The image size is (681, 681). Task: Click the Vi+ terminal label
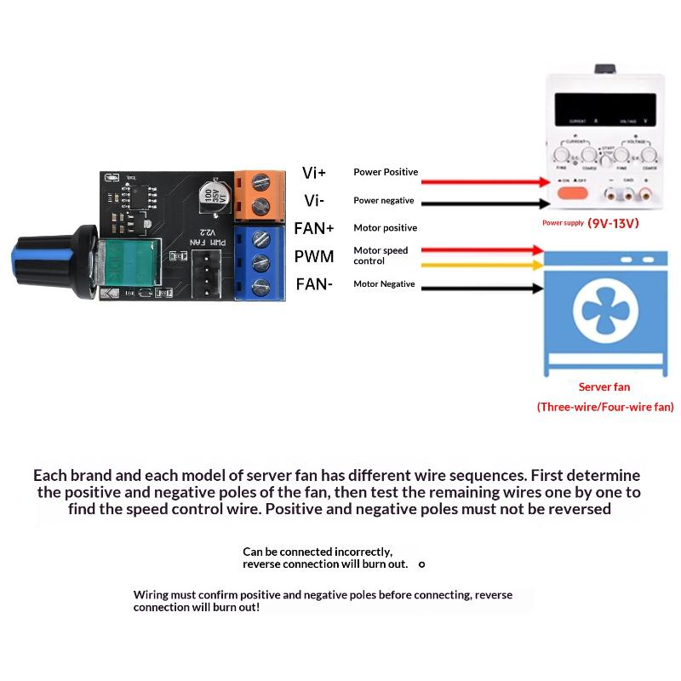coord(314,173)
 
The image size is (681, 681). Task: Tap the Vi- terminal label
coord(314,201)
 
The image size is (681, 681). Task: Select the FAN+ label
coord(314,228)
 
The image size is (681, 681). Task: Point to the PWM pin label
coord(314,256)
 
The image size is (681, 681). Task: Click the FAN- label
coord(314,284)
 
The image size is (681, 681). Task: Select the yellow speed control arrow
coord(482,265)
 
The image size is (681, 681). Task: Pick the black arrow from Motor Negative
coord(482,289)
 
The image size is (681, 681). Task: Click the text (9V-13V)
coord(613,224)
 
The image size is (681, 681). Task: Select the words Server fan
coord(604,386)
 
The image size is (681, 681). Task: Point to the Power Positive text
coord(386,172)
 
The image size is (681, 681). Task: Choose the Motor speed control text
coord(381,255)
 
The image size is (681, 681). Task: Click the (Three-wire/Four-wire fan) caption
coord(605,407)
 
